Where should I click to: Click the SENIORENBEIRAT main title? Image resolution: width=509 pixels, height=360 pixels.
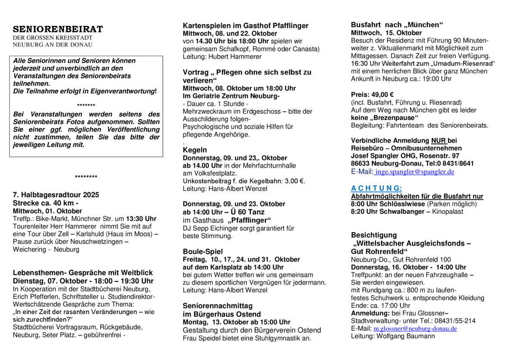pos(58,29)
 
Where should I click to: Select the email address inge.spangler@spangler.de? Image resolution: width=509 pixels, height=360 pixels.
pos(415,172)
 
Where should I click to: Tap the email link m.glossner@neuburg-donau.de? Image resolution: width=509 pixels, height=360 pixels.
pos(415,328)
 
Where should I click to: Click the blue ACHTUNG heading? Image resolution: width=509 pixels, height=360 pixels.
pos(377,188)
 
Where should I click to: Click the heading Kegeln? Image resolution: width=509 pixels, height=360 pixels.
pos(195,150)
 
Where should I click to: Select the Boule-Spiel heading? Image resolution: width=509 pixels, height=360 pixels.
pos(203,251)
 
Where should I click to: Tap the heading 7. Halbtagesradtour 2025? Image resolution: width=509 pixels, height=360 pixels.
pos(56,195)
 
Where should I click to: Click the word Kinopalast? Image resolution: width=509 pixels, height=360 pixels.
pos(449,212)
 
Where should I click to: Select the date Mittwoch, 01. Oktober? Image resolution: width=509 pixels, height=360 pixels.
pos(47,211)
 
